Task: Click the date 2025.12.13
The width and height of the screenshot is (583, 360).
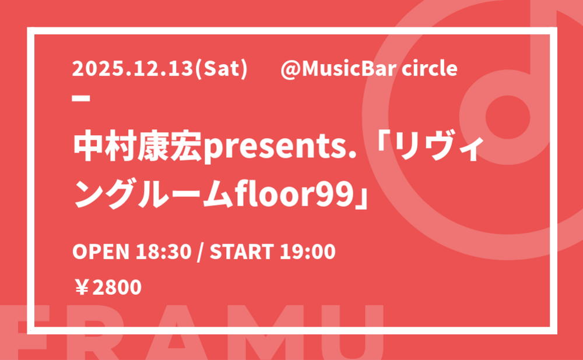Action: (133, 69)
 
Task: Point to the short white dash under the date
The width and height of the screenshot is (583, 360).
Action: (81, 98)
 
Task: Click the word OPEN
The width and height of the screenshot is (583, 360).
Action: (101, 252)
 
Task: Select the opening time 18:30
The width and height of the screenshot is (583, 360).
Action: (164, 252)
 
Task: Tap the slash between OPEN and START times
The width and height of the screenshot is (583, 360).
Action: (201, 252)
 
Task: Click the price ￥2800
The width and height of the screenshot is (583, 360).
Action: (108, 288)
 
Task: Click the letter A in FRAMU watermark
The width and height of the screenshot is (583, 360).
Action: (177, 332)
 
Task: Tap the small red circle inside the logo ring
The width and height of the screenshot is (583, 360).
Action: (508, 117)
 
